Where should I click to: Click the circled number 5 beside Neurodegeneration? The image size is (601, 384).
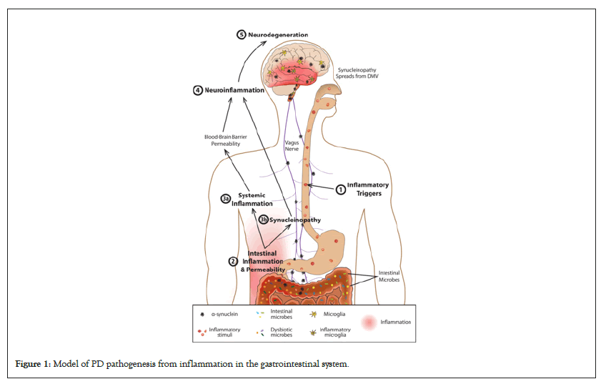click(x=242, y=35)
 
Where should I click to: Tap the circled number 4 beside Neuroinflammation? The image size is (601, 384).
click(x=197, y=91)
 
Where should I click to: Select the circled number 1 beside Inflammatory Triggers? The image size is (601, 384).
click(x=340, y=189)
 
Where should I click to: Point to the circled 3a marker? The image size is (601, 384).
click(x=225, y=199)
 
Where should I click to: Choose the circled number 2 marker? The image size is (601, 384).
click(x=232, y=262)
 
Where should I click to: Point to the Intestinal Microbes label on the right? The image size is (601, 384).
click(x=389, y=276)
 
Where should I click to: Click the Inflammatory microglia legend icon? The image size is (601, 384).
click(x=312, y=331)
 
